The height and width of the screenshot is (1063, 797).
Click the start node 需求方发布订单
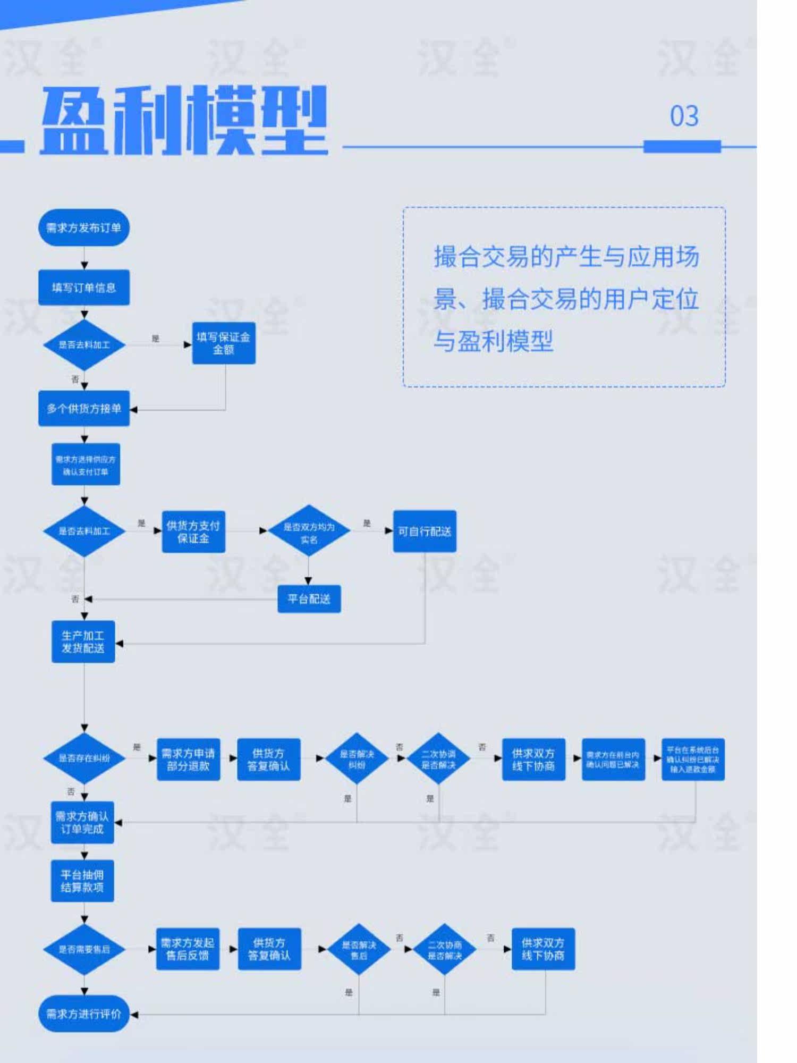(84, 227)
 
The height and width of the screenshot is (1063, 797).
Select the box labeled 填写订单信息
(84, 288)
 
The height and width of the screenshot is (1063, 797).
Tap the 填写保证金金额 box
(224, 343)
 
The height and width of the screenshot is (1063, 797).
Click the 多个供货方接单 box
(84, 408)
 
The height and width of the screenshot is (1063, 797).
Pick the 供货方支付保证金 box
(193, 531)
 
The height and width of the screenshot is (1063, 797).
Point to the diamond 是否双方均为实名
(309, 531)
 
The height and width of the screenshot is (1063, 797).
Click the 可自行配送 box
(425, 531)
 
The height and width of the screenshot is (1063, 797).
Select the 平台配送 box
(309, 599)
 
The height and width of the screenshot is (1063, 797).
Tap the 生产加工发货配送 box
(83, 642)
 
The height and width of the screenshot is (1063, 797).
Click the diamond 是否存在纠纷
(84, 758)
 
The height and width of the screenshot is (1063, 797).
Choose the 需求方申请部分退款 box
(188, 760)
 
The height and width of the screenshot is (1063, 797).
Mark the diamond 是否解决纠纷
(357, 759)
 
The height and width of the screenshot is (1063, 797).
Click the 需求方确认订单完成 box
(82, 822)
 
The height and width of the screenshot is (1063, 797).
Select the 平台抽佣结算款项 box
(82, 881)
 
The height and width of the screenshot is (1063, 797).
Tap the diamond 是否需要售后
(84, 949)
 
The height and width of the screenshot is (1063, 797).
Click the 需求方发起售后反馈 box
(188, 949)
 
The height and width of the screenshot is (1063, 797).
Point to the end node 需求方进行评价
(84, 1014)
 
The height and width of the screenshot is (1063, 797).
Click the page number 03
(684, 116)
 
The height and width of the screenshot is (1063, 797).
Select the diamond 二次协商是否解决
(445, 950)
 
